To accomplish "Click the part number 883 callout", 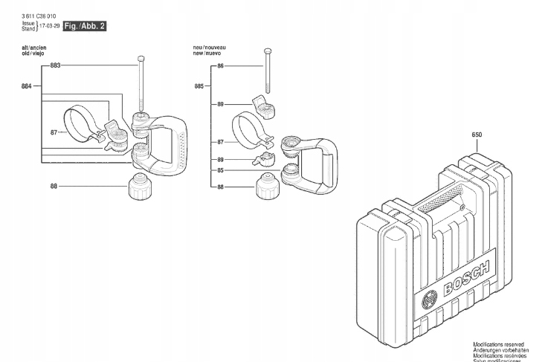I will coord(55,66).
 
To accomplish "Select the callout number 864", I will coord(27,87).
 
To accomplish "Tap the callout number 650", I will coord(477,135).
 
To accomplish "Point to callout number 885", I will coord(199,87).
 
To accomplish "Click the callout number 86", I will coord(220,66).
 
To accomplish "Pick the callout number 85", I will coord(220,170).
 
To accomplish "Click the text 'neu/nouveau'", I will coord(210,47).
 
